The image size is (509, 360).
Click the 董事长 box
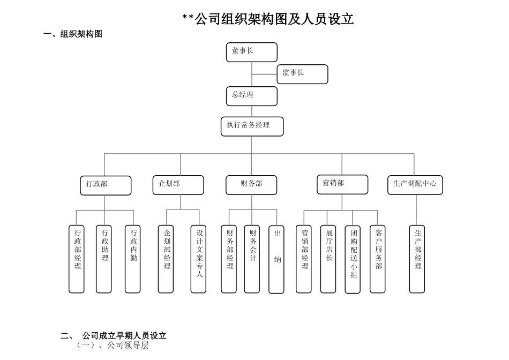tap(251, 52)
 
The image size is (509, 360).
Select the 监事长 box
tap(302, 74)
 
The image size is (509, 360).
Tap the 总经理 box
tap(251, 96)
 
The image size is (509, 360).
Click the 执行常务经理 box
tap(252, 126)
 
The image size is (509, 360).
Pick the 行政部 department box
tap(106, 185)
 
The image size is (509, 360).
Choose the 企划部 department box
tap(178, 185)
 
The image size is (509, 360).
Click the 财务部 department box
tap(251, 185)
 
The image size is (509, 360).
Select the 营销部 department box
tap(342, 184)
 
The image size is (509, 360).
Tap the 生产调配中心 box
tap(415, 185)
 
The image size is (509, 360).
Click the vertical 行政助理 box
tap(104, 259)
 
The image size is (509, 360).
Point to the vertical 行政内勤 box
tap(133, 259)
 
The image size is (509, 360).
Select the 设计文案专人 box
tap(198, 259)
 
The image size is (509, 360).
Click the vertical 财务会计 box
tap(252, 259)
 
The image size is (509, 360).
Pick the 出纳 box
tap(276, 259)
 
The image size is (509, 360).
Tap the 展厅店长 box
tap(328, 259)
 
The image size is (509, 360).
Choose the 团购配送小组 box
tap(353, 259)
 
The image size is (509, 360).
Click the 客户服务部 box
tap(377, 259)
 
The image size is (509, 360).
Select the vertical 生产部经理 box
tap(417, 259)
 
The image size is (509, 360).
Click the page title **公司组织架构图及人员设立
tap(268, 19)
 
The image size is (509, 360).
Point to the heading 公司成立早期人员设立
tap(124, 336)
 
